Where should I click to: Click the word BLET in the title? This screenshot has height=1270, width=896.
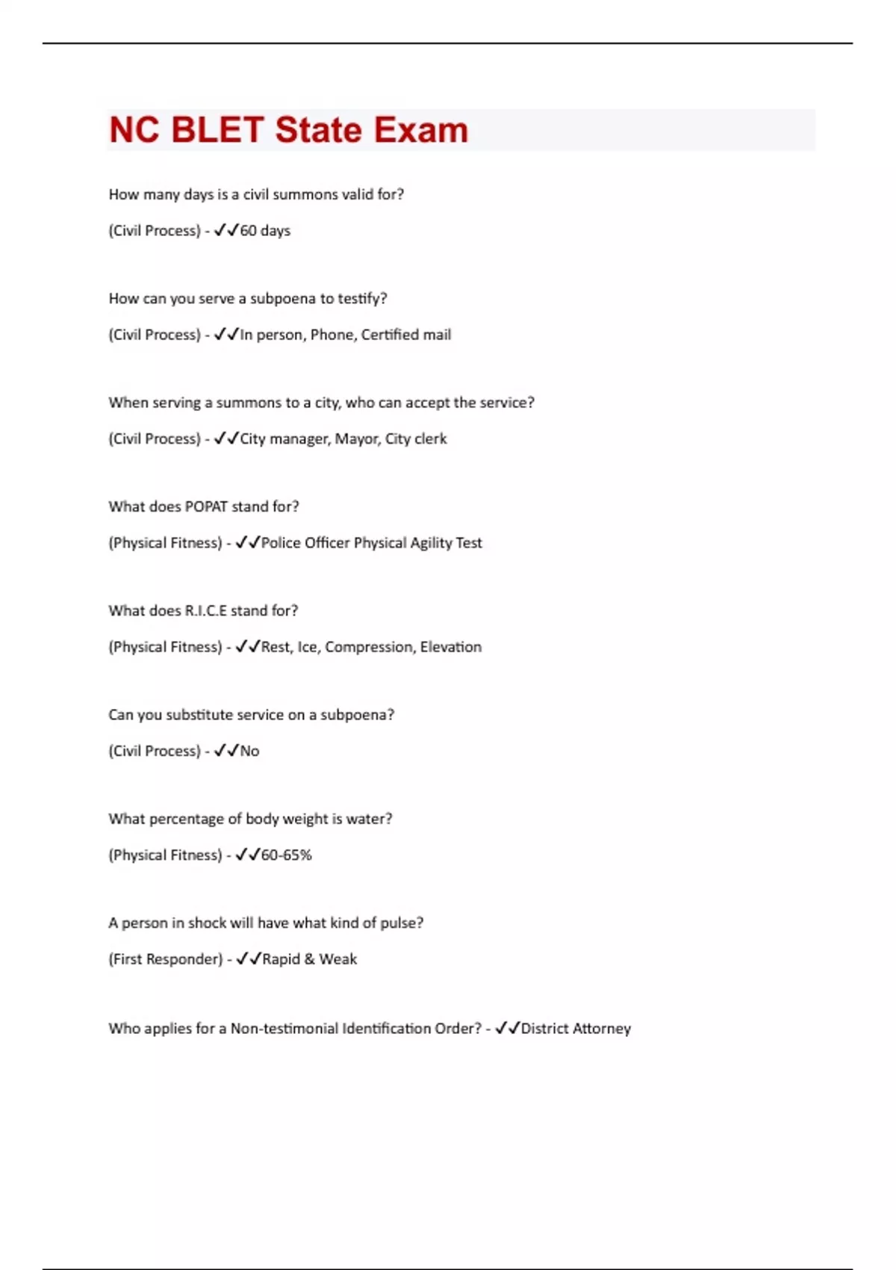pyautogui.click(x=217, y=130)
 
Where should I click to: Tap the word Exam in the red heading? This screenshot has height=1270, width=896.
pyautogui.click(x=420, y=130)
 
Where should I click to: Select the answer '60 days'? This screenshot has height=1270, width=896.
pyautogui.click(x=265, y=231)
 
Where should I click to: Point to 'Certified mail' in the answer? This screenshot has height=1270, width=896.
pyautogui.click(x=406, y=335)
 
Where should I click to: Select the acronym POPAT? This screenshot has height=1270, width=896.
pyautogui.click(x=205, y=507)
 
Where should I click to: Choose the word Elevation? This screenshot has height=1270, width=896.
pyautogui.click(x=451, y=647)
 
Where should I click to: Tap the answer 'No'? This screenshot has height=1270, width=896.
pyautogui.click(x=249, y=752)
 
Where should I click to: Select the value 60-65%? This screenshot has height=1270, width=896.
pyautogui.click(x=286, y=855)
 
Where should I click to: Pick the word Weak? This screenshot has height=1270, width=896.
pyautogui.click(x=338, y=959)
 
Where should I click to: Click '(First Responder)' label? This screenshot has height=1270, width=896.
pyautogui.click(x=166, y=959)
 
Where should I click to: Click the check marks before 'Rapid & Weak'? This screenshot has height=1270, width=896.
pyautogui.click(x=248, y=959)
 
